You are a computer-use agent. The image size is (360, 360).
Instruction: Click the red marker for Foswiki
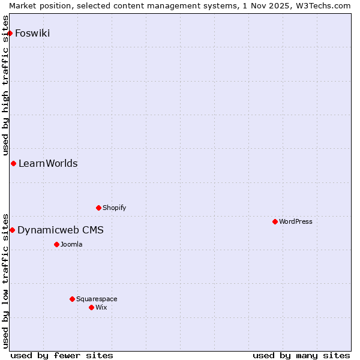10,33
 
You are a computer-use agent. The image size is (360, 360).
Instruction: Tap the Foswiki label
32,34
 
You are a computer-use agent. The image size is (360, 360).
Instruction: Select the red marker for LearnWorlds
13,164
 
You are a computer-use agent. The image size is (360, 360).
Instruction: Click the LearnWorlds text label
48,164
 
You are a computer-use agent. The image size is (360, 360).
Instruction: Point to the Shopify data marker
98,208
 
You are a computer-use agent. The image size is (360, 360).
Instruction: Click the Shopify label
114,208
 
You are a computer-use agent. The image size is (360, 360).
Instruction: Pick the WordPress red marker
275,221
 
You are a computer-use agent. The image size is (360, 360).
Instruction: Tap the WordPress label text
295,222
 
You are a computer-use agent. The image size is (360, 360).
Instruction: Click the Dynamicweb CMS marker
12,230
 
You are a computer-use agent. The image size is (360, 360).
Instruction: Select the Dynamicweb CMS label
60,230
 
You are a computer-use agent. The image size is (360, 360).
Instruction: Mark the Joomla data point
56,244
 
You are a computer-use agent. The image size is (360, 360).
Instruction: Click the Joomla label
71,245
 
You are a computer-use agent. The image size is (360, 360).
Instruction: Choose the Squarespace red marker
72,299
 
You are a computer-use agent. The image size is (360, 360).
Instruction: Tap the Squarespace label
97,299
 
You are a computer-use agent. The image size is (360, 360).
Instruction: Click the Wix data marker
91,307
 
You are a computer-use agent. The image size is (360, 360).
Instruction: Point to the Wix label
101,308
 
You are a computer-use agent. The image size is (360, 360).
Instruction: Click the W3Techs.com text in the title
326,5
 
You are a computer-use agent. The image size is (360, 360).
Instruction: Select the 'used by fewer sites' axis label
62,355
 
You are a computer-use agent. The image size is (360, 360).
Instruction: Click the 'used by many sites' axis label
301,355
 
